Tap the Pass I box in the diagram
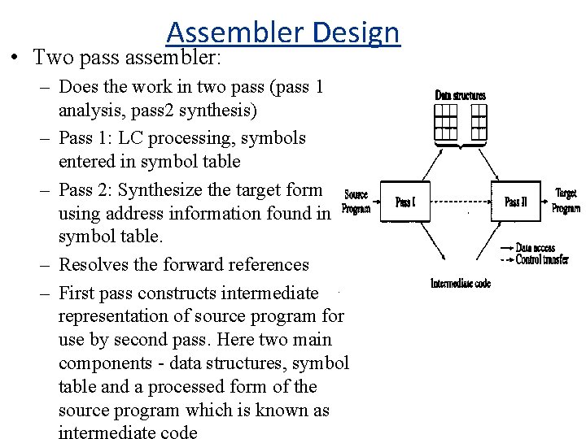(405, 202)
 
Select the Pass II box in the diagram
(516, 202)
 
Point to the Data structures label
(460, 96)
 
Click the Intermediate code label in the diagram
(460, 283)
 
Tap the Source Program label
(356, 201)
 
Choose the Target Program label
(566, 200)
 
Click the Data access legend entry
(535, 248)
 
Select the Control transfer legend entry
(541, 259)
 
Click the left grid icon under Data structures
(445, 121)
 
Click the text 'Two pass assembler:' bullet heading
(127, 58)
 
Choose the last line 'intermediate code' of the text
(128, 432)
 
